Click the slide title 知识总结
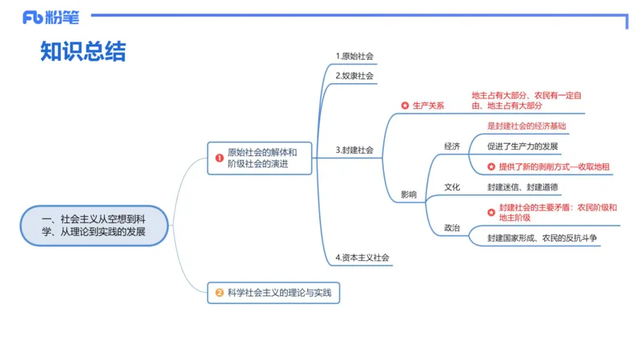83,52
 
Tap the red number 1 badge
218,158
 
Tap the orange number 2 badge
219,294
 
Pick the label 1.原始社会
354,56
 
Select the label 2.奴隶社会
354,76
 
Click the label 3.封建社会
354,150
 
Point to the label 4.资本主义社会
362,258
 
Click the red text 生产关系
428,106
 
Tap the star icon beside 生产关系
405,106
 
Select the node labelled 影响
408,194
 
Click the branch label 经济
452,146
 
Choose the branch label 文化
452,187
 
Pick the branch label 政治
452,228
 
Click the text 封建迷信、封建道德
522,187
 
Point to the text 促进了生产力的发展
523,146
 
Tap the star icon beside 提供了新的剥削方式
492,167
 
